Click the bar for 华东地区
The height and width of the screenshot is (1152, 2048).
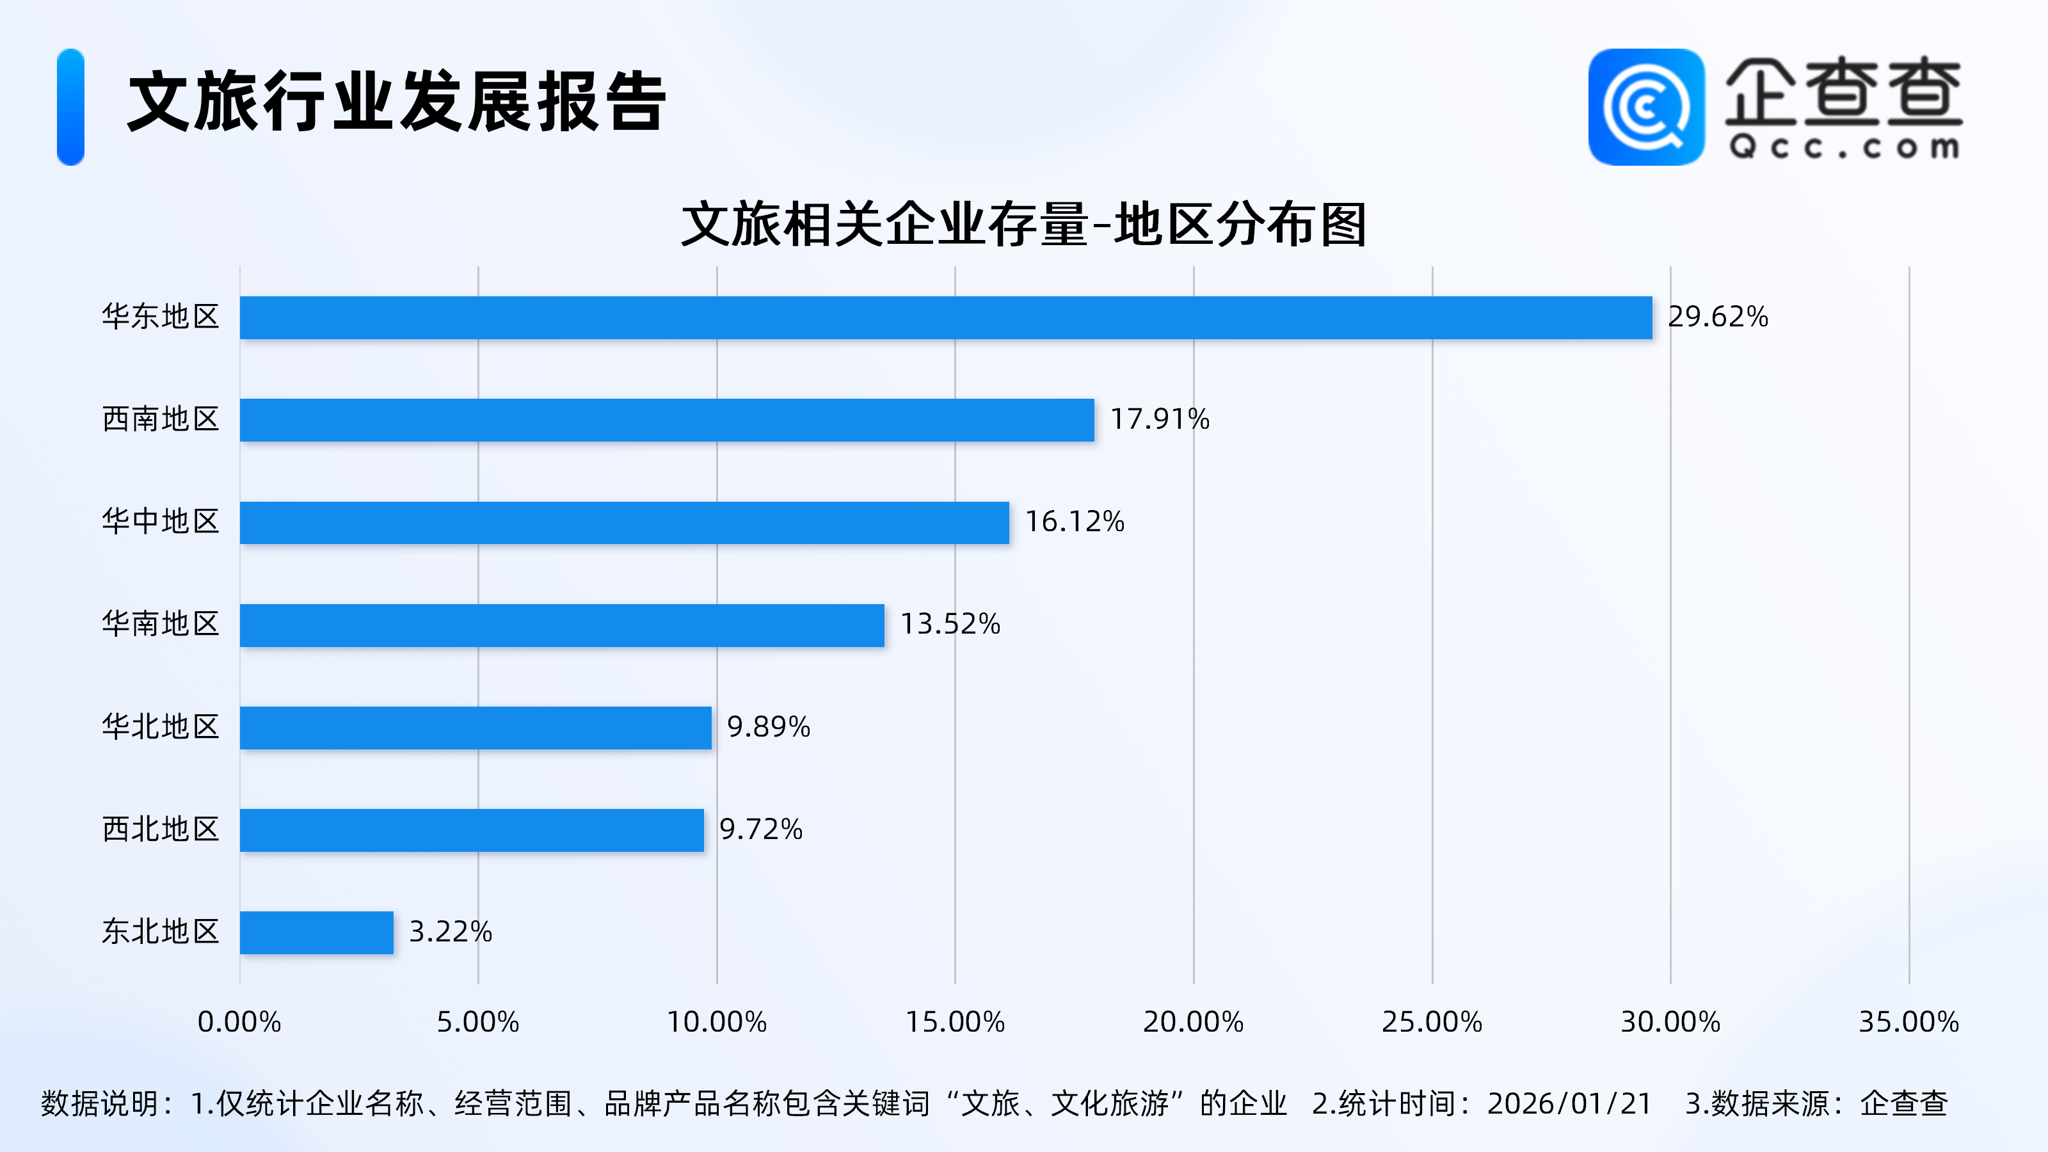945,318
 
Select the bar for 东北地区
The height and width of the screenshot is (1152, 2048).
316,932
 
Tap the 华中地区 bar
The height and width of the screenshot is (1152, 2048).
624,522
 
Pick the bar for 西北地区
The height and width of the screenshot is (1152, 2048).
472,830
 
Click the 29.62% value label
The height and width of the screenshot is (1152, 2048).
1717,317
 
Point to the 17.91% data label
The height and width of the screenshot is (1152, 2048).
1159,420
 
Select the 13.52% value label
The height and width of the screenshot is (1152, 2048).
949,625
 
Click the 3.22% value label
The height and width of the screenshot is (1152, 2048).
450,932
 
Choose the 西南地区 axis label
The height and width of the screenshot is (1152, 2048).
161,420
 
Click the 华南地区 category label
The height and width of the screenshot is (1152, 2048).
161,625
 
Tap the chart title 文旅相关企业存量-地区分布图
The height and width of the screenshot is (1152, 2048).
1023,225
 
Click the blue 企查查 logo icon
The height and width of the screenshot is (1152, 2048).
1645,108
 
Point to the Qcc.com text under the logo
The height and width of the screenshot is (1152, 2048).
1844,148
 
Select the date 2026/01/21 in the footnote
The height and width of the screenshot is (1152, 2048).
1569,1104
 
